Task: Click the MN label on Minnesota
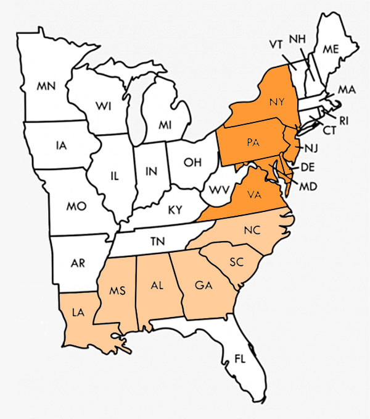point(46,87)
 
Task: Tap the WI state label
point(103,106)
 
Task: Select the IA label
point(60,146)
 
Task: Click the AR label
point(78,263)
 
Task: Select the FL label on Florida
point(240,358)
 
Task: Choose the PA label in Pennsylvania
point(252,143)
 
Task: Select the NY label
point(276,103)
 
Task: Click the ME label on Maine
point(330,48)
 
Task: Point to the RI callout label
point(343,122)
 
